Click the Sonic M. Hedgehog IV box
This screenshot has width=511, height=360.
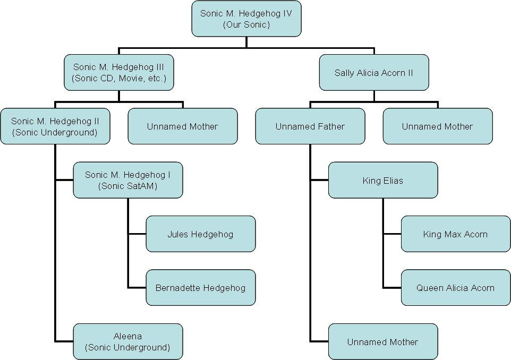point(246,19)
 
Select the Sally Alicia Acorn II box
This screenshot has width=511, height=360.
point(373,72)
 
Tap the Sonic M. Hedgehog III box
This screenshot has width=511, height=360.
point(118,72)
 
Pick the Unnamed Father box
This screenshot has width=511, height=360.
point(310,126)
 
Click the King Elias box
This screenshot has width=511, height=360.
point(382,181)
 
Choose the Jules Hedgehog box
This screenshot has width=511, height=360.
point(200,234)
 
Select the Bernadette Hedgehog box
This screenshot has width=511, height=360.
point(200,288)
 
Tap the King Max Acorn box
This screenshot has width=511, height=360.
point(455,234)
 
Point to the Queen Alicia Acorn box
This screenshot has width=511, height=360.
point(455,288)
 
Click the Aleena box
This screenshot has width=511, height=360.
point(127,341)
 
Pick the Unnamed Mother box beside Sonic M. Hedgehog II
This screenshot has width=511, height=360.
point(182,126)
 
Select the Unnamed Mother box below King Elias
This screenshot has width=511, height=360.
point(382,342)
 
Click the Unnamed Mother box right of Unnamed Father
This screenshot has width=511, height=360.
point(437,126)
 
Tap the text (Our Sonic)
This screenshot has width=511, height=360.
point(246,24)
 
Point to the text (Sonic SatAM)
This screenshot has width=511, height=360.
point(127,186)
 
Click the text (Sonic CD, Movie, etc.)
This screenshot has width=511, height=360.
point(118,79)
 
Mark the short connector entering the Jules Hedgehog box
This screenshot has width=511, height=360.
point(137,234)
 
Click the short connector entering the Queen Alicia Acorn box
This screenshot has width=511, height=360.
point(392,288)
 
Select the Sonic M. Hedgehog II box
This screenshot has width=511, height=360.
point(55,126)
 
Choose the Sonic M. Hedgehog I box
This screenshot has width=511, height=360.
point(127,180)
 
